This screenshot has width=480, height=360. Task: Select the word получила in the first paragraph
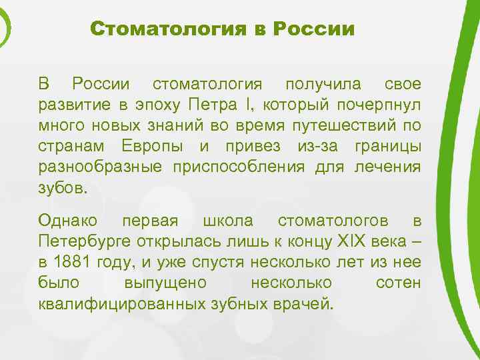coord(323,85)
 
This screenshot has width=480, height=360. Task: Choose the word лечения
coord(389,167)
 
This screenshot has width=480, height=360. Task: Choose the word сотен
coord(398,283)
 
